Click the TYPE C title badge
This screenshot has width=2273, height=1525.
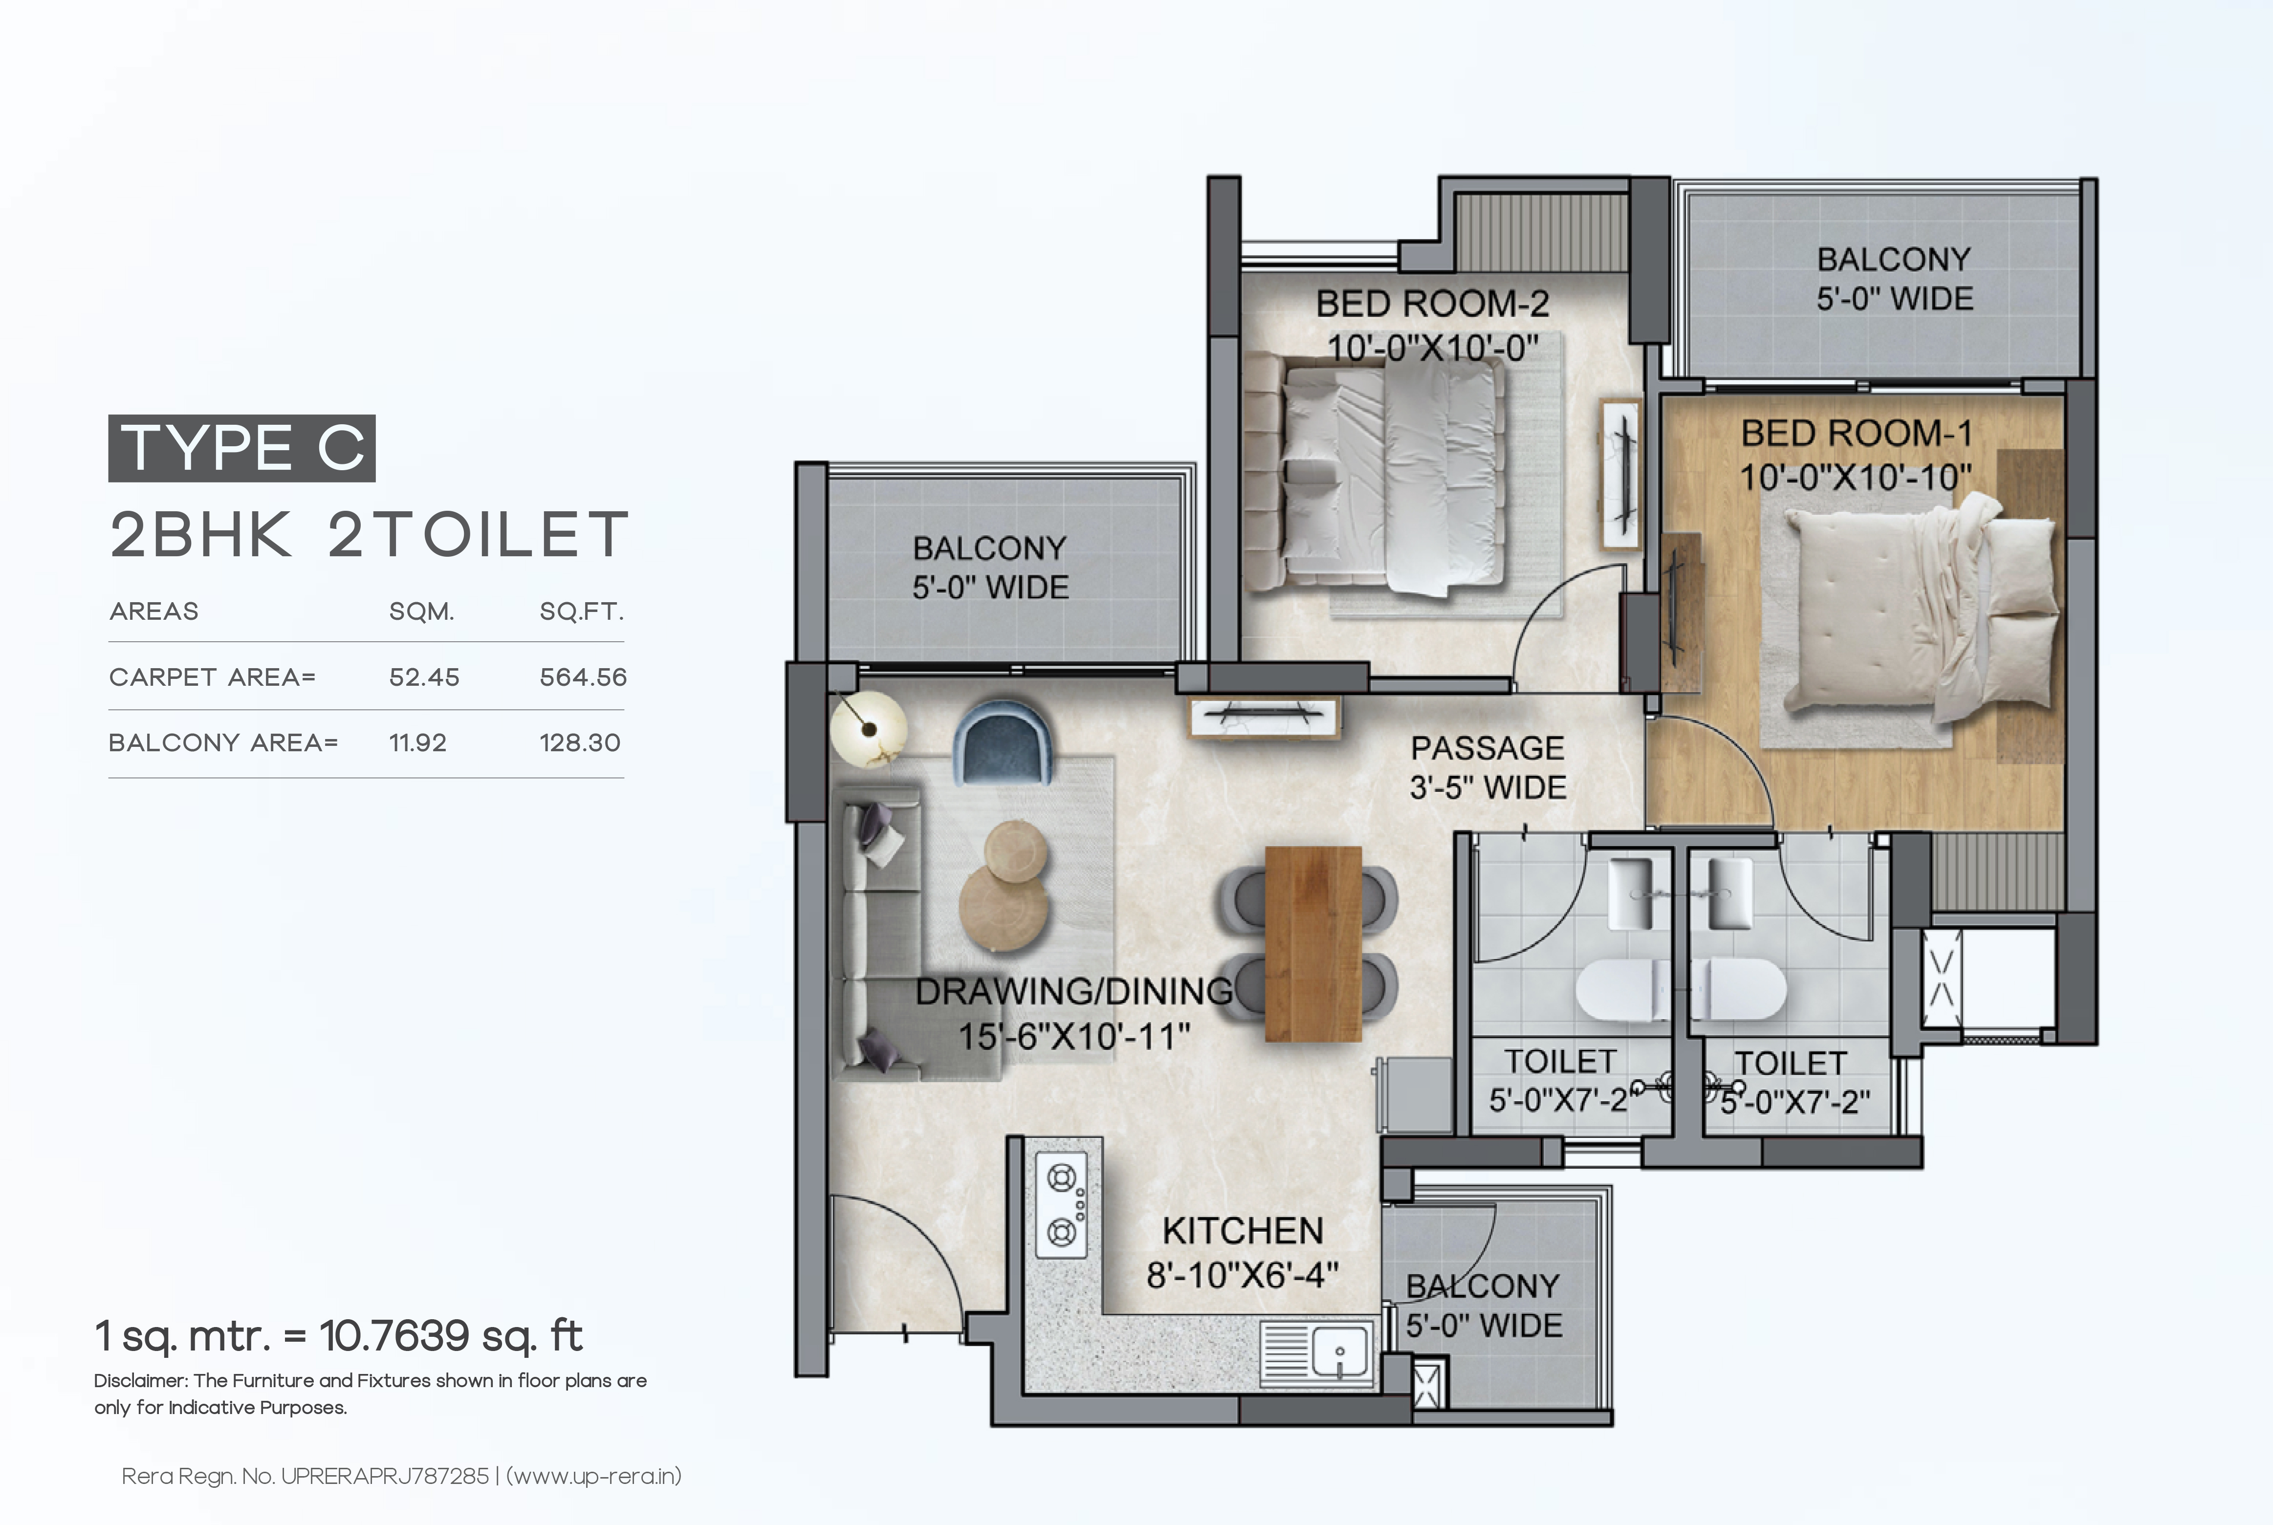pos(241,448)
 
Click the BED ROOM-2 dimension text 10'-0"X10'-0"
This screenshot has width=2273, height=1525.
pos(1433,347)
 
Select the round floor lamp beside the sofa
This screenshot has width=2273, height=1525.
pos(869,728)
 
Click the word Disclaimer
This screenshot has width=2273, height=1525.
pos(141,1381)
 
